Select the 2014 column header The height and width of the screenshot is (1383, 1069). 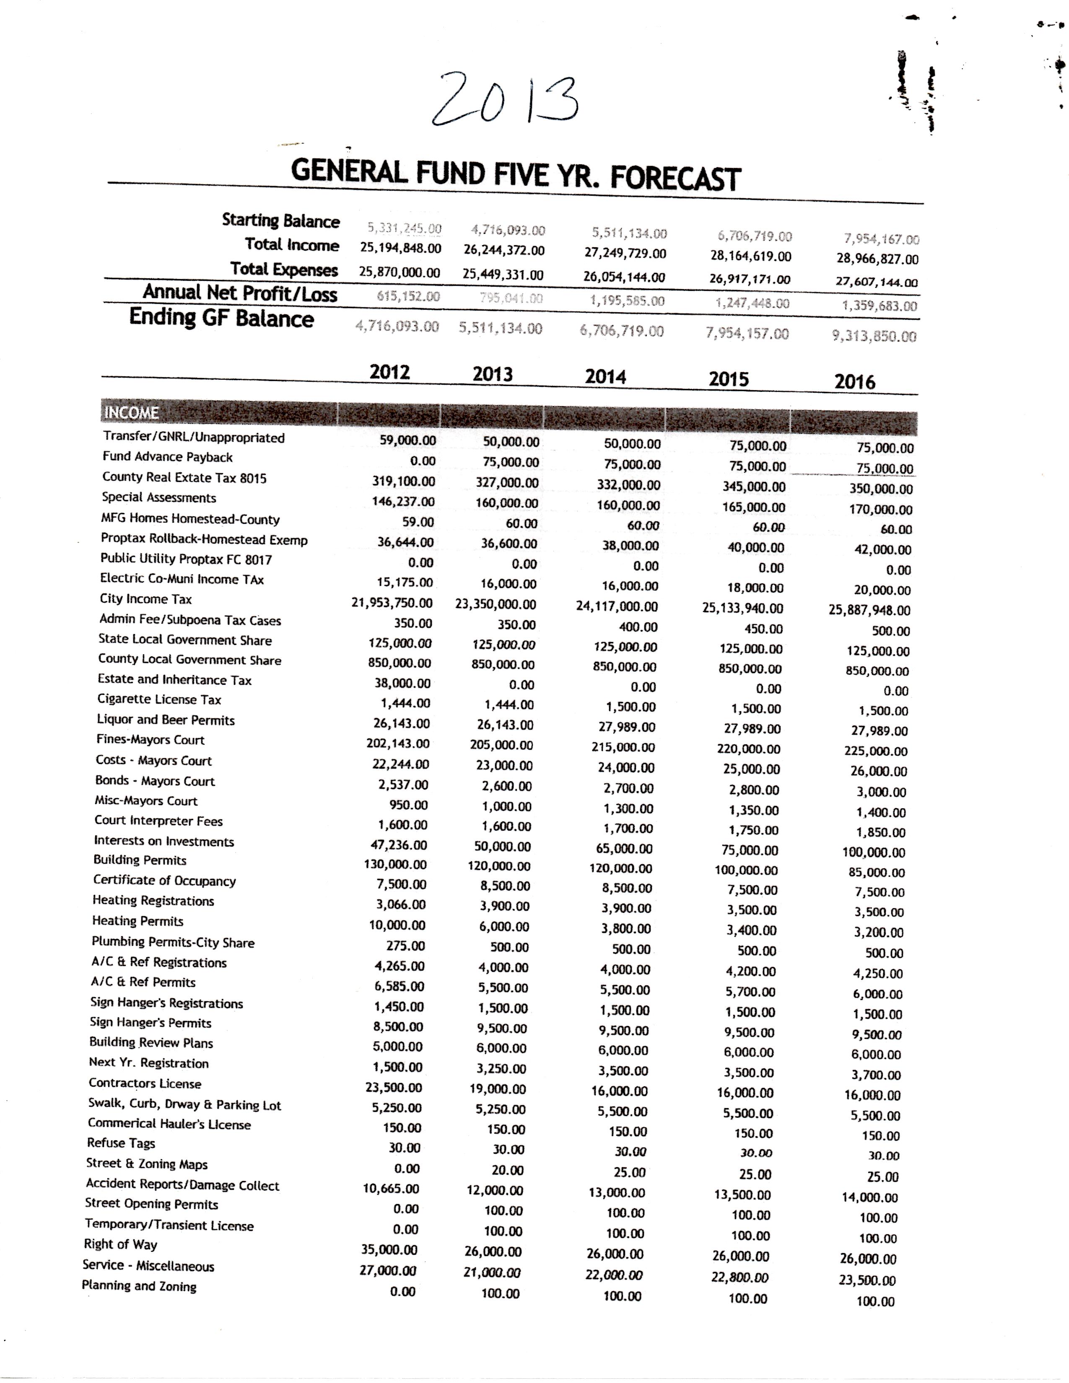tap(605, 377)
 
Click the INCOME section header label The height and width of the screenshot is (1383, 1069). tap(131, 413)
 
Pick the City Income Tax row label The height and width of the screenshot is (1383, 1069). tap(145, 599)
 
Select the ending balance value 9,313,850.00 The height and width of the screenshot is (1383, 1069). tap(874, 336)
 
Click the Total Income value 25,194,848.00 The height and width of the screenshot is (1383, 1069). tap(400, 248)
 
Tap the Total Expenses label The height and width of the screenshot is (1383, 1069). tap(284, 269)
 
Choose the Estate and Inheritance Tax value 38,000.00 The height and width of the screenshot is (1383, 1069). tap(402, 683)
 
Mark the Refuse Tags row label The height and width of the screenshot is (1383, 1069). tap(121, 1143)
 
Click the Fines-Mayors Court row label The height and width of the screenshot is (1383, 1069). tap(150, 740)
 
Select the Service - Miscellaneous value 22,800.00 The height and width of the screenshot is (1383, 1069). tap(739, 1277)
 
